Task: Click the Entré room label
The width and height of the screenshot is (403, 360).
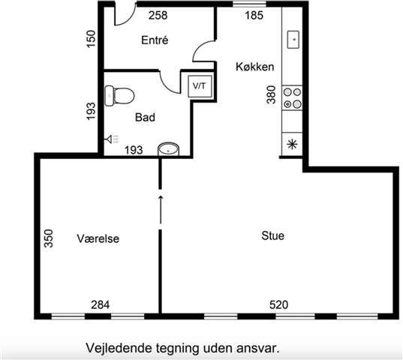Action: click(x=155, y=40)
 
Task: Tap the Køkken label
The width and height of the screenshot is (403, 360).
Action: click(x=254, y=67)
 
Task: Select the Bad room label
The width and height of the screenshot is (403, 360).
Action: click(x=145, y=117)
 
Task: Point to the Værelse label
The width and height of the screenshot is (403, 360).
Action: click(x=98, y=238)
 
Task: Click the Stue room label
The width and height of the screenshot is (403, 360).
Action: click(x=272, y=235)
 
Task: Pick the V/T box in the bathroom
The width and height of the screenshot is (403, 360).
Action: click(x=200, y=86)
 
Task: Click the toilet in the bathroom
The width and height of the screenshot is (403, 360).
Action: click(x=119, y=96)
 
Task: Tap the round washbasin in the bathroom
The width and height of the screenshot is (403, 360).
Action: click(x=168, y=149)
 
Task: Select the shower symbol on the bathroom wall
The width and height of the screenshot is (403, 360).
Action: click(x=112, y=139)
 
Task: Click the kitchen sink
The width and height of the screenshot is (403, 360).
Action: click(x=293, y=40)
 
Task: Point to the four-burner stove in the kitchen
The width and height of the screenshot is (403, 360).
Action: click(x=292, y=97)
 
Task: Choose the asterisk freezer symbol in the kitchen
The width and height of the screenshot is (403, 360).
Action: click(x=292, y=144)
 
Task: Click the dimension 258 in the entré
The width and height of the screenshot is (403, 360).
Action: click(x=158, y=16)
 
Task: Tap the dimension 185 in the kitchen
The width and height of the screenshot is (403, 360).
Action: click(x=254, y=16)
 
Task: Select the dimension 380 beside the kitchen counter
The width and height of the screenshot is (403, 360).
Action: click(x=271, y=94)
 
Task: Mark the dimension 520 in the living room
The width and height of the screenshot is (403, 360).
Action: click(x=278, y=304)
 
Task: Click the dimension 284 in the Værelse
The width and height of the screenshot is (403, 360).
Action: click(x=101, y=304)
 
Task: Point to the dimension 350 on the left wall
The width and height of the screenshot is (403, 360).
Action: click(x=48, y=238)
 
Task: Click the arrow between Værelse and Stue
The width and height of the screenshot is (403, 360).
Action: click(x=161, y=210)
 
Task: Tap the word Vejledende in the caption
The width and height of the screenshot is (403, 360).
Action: click(x=119, y=349)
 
